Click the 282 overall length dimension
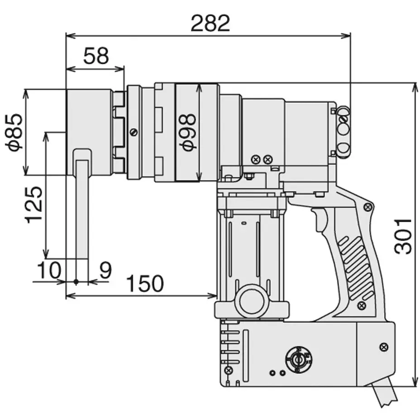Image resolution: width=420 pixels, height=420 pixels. click(210, 23)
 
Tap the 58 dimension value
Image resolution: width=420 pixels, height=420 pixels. click(96, 56)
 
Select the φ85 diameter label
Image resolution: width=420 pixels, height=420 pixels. click(14, 131)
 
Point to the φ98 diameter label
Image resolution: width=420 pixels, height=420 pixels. click(187, 131)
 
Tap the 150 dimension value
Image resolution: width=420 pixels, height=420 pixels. click(144, 284)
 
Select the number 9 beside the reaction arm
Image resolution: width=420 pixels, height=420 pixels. click(105, 270)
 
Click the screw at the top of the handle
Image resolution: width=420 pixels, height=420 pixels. click(368, 206)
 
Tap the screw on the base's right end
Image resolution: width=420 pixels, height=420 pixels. click(384, 347)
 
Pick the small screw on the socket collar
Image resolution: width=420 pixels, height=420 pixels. click(133, 132)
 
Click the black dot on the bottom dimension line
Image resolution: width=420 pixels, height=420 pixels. click(76, 282)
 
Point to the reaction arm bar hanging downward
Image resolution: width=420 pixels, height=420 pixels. click(82, 208)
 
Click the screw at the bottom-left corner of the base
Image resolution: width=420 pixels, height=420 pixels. click(229, 370)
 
